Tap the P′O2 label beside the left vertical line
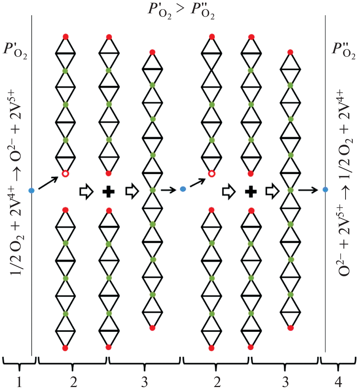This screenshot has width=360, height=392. (16, 50)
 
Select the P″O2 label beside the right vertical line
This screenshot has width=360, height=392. (342, 50)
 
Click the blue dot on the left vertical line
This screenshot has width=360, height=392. (32, 190)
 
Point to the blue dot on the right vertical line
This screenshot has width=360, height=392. (325, 189)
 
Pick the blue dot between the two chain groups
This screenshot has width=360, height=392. (183, 189)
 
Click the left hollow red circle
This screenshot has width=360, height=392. (65, 174)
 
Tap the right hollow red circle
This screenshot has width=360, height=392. (211, 174)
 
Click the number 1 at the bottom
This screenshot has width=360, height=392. (19, 382)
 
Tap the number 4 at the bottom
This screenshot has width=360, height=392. (338, 382)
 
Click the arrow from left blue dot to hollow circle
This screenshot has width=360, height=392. (48, 182)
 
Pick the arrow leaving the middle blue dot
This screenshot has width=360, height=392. (197, 182)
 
